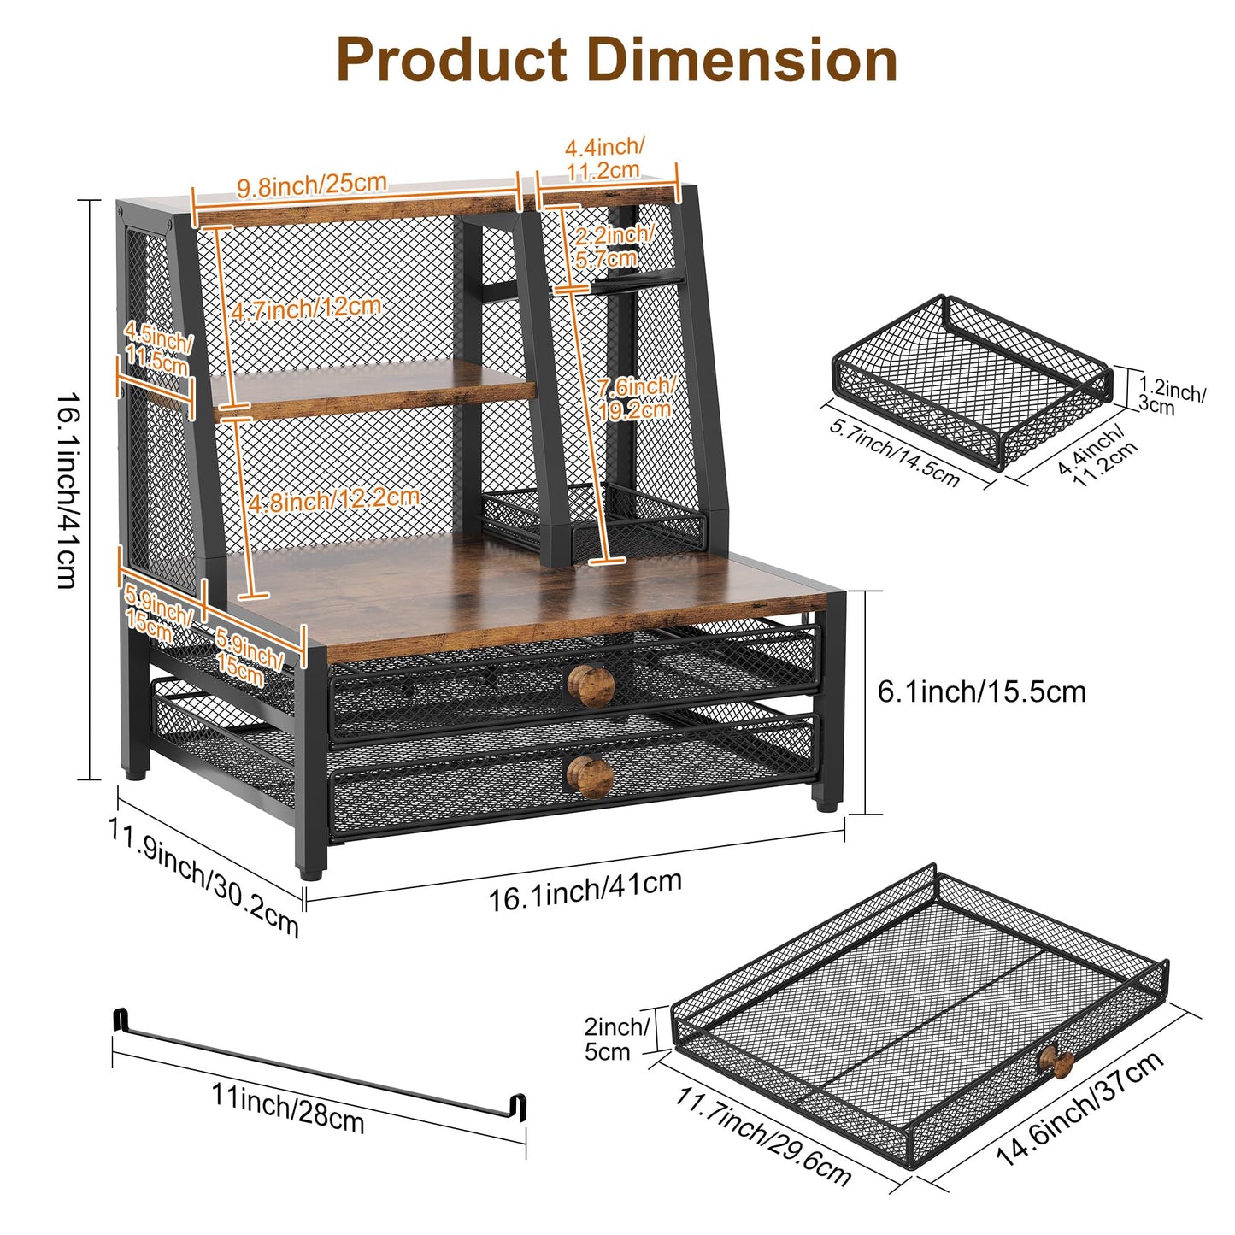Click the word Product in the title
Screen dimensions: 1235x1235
[x=451, y=59]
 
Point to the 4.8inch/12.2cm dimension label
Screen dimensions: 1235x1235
[x=334, y=498]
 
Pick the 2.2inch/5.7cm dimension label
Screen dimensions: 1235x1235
[x=612, y=245]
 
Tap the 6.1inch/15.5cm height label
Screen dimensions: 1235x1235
[x=981, y=692]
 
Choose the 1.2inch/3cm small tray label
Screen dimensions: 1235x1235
[x=1171, y=396]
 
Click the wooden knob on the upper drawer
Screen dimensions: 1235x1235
[x=591, y=686]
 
